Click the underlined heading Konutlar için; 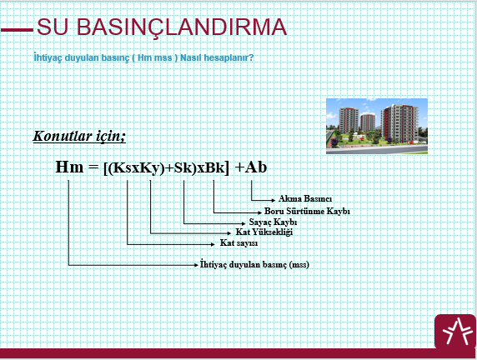[x=79, y=136]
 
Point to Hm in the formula [x=69, y=167]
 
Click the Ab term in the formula [x=256, y=167]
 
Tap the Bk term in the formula [x=215, y=167]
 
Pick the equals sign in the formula [x=93, y=167]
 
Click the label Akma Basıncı [x=305, y=199]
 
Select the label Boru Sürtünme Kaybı [x=307, y=211]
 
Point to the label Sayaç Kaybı [x=273, y=222]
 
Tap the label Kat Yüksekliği [x=264, y=232]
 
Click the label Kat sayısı [x=238, y=243]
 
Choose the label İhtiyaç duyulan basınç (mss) [x=254, y=264]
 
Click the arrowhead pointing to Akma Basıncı [x=274, y=200]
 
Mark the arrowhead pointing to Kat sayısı [x=213, y=244]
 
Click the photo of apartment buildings [x=377, y=126]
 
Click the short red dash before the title [x=17, y=30]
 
